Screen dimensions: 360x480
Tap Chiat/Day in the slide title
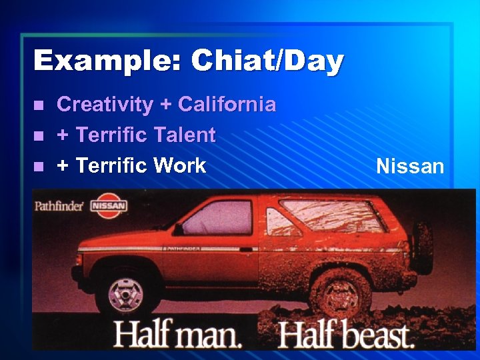pos(267,62)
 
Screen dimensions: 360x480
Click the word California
pos(227,105)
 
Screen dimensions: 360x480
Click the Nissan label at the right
pos(410,166)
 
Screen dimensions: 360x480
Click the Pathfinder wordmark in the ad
pos(59,205)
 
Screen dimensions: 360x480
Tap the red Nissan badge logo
pos(109,205)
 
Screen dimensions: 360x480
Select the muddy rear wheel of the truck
pos(342,293)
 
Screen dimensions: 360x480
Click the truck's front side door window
pos(217,217)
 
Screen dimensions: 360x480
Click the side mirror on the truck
pos(178,229)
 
